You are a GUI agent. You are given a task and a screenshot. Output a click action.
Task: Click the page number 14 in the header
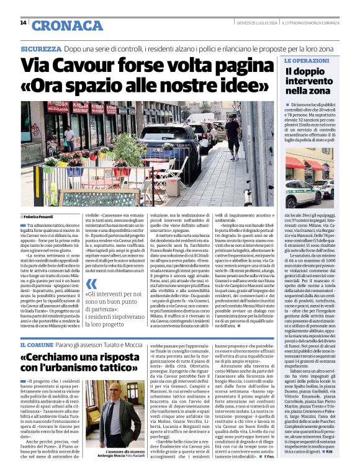(x=23, y=23)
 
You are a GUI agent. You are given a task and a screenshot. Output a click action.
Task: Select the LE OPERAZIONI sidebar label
(x=307, y=61)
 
